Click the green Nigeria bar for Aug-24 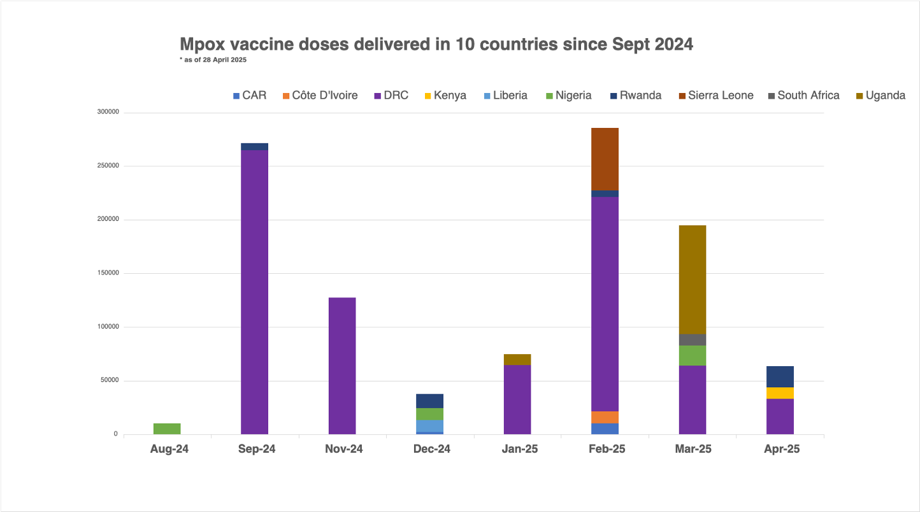click(x=167, y=429)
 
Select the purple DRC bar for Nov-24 click(x=342, y=366)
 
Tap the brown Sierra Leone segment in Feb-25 click(x=605, y=159)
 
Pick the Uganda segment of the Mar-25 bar click(x=693, y=280)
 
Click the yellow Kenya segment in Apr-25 click(x=780, y=393)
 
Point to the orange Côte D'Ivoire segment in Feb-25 click(x=605, y=417)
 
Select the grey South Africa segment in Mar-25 click(x=693, y=339)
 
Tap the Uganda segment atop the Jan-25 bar click(x=517, y=359)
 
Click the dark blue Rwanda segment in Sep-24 click(x=255, y=146)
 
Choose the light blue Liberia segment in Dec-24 click(x=430, y=426)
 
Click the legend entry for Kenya click(x=445, y=96)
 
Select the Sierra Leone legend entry click(x=715, y=96)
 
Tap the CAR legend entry click(x=249, y=96)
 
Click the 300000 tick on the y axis click(x=108, y=112)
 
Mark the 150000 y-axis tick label click(x=108, y=273)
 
